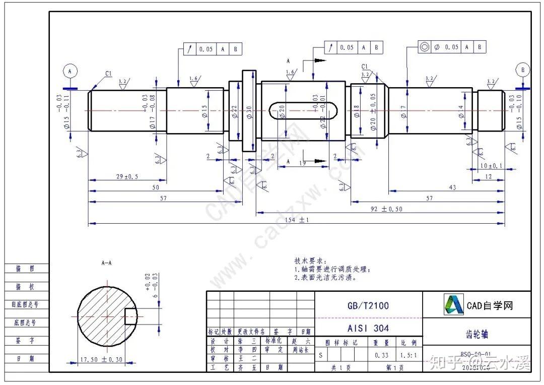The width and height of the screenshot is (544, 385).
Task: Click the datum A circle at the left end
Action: point(70,72)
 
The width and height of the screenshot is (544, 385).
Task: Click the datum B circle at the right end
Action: point(522,70)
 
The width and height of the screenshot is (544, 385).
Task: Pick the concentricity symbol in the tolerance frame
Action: point(424,47)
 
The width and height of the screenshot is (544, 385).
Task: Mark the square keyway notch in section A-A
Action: point(130,315)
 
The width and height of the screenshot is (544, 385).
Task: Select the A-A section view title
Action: point(107,263)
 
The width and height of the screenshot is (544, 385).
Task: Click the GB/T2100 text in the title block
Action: point(368,305)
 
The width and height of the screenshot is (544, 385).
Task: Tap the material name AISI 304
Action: point(368,328)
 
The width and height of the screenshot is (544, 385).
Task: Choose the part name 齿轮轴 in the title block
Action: point(476,334)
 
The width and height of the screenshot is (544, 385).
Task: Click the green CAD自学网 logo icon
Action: point(453,304)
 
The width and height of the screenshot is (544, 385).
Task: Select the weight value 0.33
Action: point(381,355)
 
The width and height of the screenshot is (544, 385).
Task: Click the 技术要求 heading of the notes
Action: point(310,261)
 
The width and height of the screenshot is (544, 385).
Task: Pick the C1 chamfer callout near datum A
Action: point(108,74)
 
